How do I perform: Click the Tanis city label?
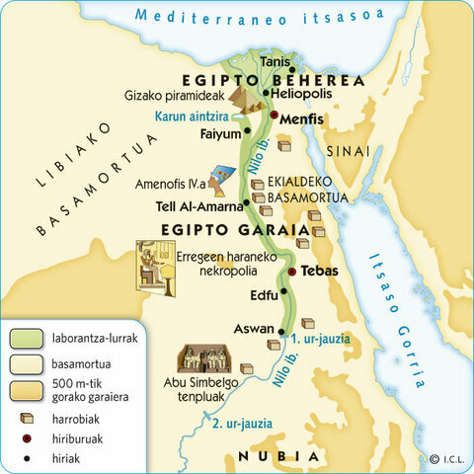[276, 62]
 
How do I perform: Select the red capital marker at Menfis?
[274, 117]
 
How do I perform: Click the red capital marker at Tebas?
[291, 271]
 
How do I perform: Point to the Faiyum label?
[219, 133]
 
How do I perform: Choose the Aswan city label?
[252, 328]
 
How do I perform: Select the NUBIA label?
[280, 457]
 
